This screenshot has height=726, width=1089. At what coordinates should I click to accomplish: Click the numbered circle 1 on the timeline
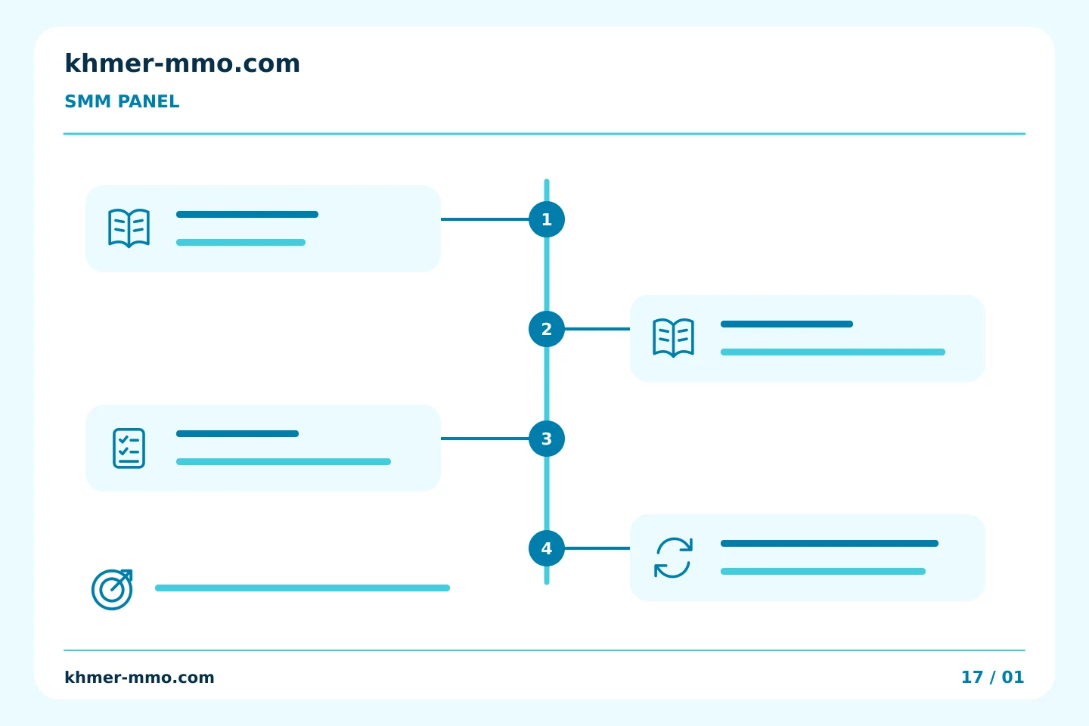[547, 219]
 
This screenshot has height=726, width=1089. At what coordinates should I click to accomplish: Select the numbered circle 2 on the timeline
[547, 329]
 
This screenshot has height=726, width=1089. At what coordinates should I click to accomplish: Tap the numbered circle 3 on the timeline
[547, 439]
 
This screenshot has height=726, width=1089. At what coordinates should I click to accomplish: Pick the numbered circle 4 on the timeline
[547, 548]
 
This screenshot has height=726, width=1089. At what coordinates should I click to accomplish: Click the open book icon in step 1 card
[129, 228]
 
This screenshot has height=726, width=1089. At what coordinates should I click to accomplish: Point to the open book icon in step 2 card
[673, 338]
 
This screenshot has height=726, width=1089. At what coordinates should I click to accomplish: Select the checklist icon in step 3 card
[129, 448]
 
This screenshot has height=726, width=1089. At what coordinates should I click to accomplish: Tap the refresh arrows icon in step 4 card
[673, 558]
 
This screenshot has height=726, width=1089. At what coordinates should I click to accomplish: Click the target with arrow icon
[112, 589]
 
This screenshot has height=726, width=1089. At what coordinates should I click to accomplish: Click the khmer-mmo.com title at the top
[182, 64]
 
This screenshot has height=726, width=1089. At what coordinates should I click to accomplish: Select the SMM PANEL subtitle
[122, 101]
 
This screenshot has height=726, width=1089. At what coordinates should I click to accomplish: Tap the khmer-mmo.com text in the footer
[139, 678]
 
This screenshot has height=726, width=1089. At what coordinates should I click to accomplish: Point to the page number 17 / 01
[993, 678]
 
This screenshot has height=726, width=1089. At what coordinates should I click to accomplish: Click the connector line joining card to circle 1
[485, 219]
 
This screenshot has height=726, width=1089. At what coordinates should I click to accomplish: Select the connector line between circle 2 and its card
[597, 329]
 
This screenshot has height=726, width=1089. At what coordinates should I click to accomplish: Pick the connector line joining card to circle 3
[485, 439]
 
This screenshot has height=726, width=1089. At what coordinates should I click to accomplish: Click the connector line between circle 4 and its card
[597, 548]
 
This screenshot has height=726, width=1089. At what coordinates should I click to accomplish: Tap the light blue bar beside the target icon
[302, 588]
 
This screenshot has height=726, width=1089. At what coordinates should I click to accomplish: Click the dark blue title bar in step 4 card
[830, 543]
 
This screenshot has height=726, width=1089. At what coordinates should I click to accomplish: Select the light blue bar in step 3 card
[284, 461]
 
